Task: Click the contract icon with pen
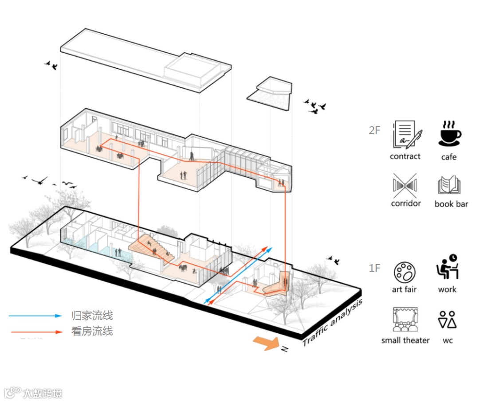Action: (407, 134)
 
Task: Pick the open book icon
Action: (449, 186)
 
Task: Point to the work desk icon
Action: (447, 267)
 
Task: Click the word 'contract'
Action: (405, 156)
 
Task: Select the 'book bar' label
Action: (451, 204)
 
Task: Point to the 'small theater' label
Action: (405, 340)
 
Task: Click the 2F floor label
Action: (374, 131)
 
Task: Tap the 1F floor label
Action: (374, 268)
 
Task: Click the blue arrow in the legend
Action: (35, 316)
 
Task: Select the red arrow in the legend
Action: (35, 331)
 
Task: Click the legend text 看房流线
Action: (92, 331)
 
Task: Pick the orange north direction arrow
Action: (265, 343)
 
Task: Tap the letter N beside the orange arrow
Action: (284, 349)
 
